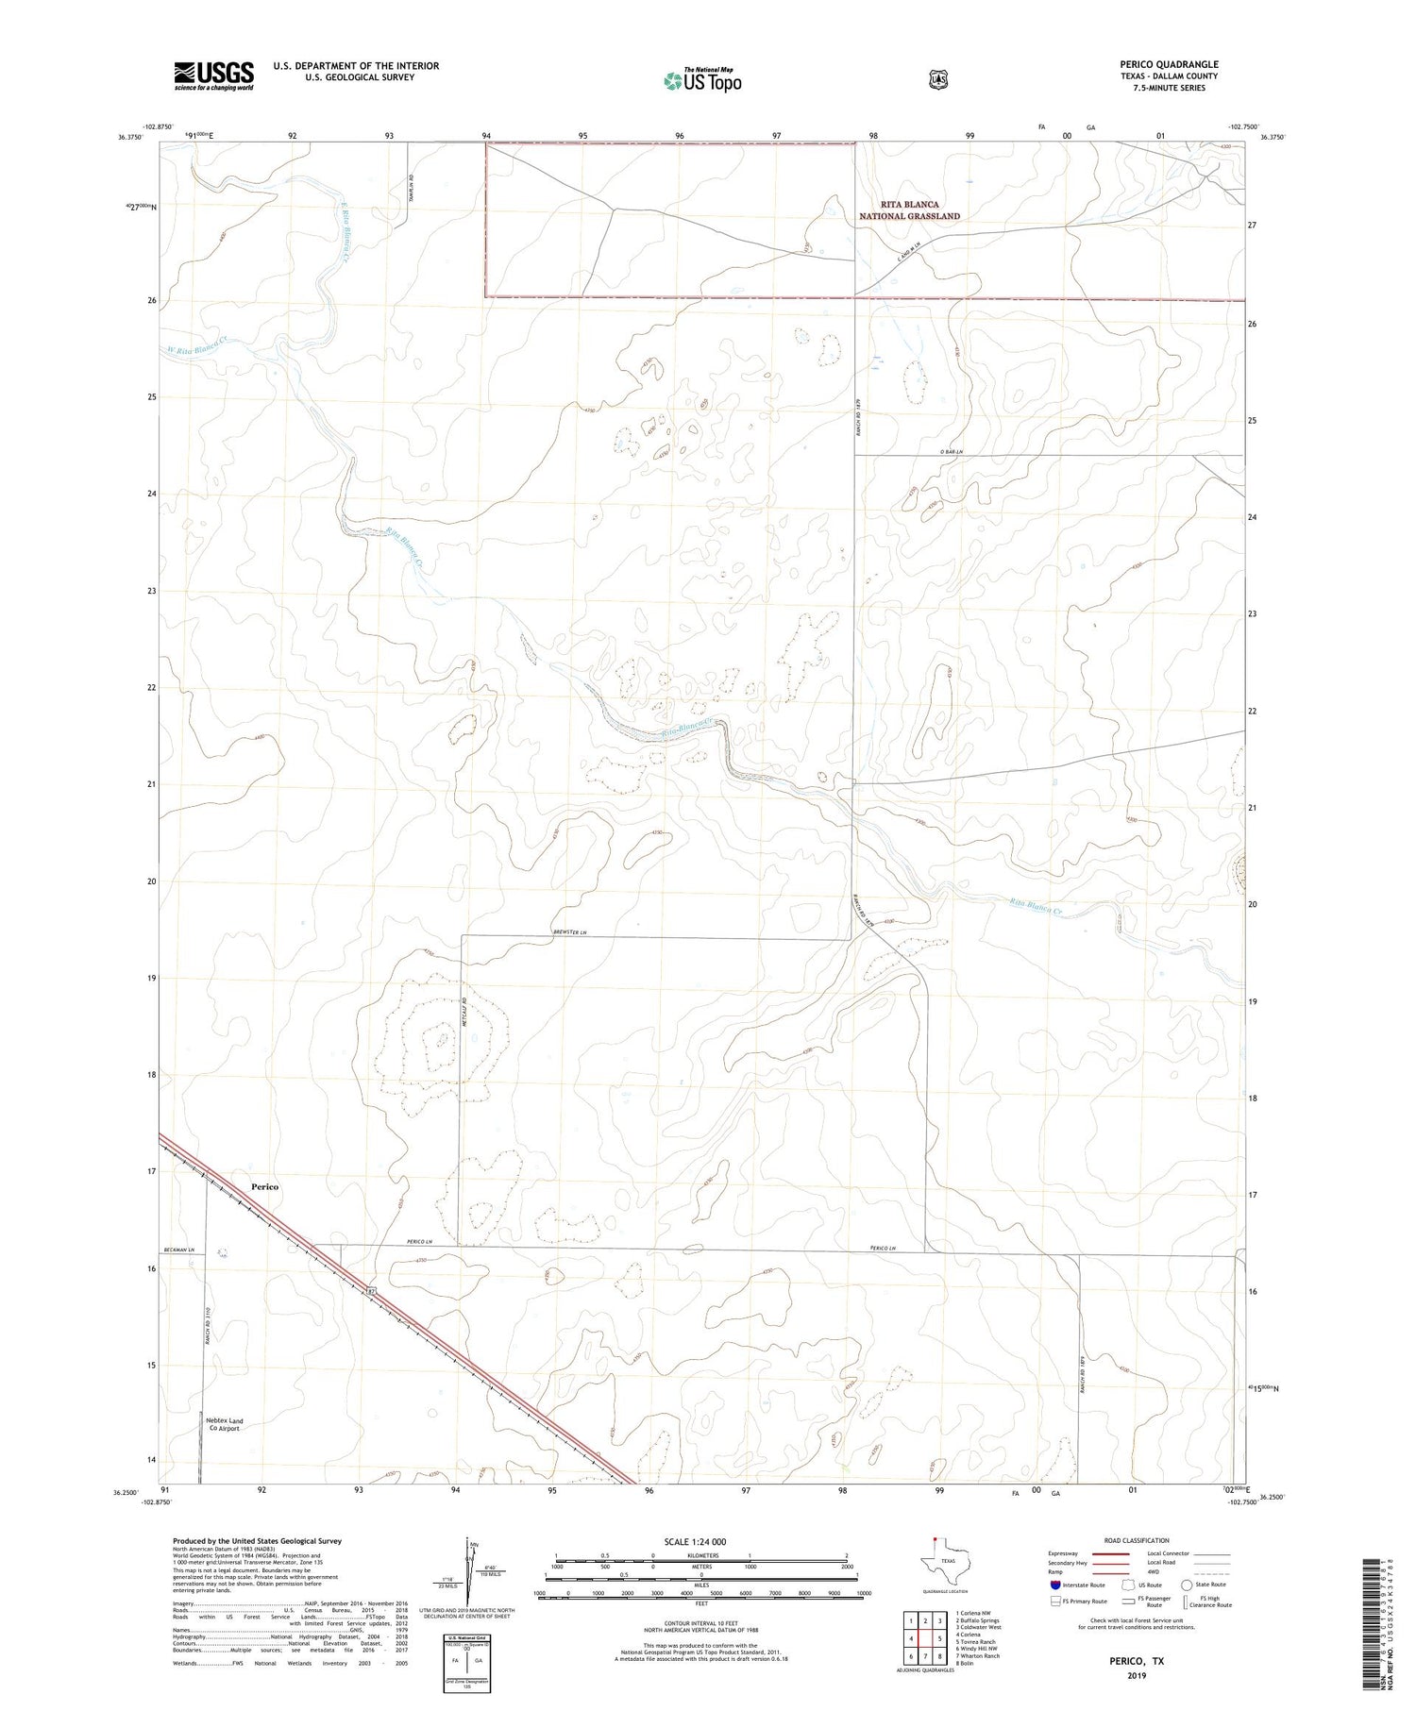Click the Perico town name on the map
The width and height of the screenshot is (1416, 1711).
(264, 1186)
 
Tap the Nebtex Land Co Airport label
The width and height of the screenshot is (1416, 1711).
(224, 1424)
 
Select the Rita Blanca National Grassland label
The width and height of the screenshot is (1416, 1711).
(909, 210)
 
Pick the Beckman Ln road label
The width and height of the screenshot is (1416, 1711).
(177, 1250)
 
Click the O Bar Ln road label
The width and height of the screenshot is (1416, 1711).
(951, 452)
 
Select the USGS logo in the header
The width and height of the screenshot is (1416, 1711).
(213, 75)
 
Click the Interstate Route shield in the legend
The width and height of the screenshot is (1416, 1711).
(1054, 1585)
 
